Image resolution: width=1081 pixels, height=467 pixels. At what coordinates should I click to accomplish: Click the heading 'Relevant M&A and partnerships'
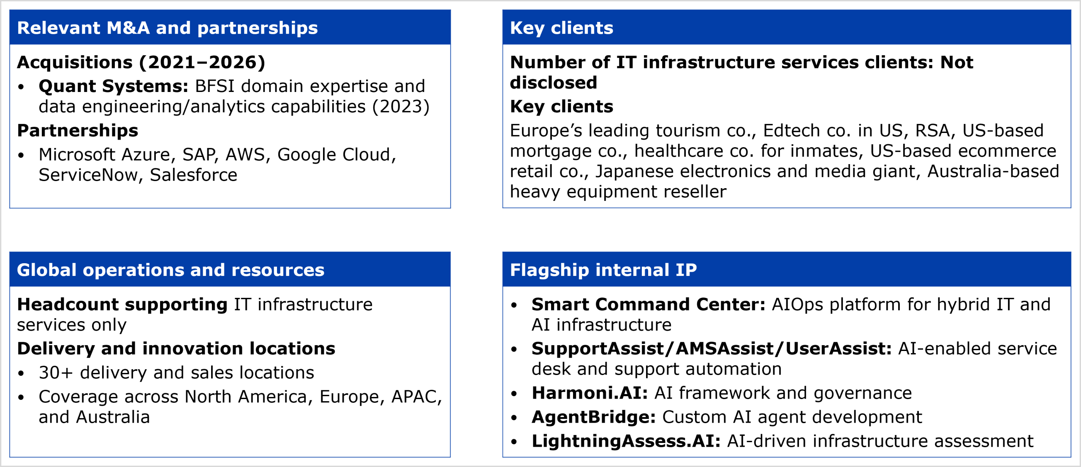click(x=167, y=28)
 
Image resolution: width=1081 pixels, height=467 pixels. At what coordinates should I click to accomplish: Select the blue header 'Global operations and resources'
click(x=171, y=270)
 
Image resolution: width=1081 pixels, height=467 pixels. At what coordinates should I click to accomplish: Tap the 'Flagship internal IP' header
click(x=603, y=270)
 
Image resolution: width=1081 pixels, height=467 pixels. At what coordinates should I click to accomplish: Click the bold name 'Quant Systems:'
click(x=113, y=86)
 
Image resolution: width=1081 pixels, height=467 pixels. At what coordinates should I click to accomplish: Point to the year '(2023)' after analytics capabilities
click(x=401, y=107)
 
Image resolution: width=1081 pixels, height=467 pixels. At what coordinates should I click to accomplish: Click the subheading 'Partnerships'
click(x=78, y=130)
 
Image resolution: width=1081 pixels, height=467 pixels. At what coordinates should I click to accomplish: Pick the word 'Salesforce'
click(x=193, y=175)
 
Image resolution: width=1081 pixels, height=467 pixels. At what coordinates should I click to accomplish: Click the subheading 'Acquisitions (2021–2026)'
click(x=141, y=62)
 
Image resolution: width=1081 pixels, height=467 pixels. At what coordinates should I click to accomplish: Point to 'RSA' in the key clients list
click(x=932, y=131)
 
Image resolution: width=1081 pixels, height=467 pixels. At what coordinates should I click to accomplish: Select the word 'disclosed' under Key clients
click(x=554, y=83)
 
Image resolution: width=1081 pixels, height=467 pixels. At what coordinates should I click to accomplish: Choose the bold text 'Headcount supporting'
click(x=122, y=305)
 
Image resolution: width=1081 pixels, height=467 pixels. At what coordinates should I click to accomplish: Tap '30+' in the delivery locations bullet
click(x=56, y=373)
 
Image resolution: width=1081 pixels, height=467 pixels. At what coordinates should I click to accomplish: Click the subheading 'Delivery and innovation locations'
click(x=176, y=348)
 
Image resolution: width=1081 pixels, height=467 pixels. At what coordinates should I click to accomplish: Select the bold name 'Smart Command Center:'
click(x=649, y=304)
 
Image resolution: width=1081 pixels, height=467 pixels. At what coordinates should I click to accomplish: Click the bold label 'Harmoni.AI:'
click(x=590, y=393)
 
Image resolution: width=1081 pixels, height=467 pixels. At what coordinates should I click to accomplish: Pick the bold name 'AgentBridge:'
click(x=594, y=417)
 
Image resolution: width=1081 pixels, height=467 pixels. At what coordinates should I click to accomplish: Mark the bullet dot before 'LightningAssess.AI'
click(x=514, y=442)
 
